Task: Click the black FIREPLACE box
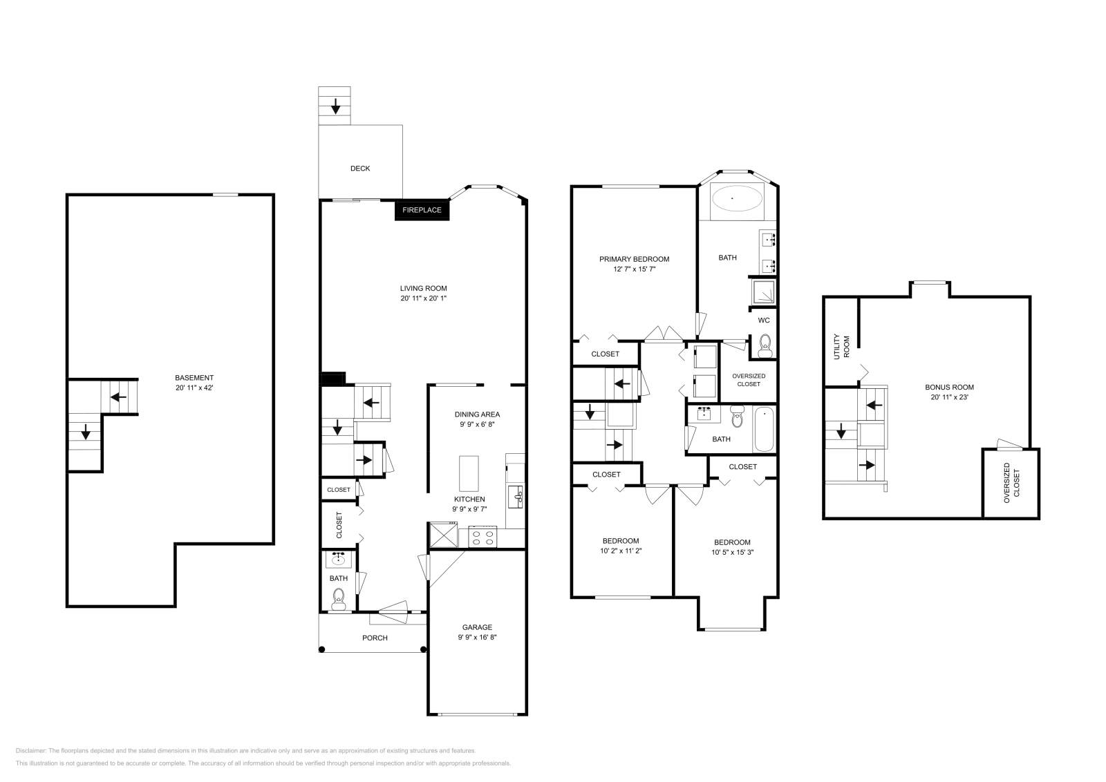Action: (422, 210)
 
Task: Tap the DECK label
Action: (360, 168)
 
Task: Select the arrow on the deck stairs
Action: (335, 106)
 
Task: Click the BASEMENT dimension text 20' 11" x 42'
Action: (194, 388)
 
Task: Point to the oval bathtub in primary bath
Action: (737, 200)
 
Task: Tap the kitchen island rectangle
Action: (469, 473)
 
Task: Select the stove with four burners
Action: (482, 537)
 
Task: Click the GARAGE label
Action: (477, 627)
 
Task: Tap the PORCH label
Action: (375, 638)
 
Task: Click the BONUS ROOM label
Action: (949, 387)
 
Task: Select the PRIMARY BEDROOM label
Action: (634, 259)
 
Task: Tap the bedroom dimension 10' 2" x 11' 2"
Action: (620, 551)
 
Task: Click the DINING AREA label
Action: (477, 414)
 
